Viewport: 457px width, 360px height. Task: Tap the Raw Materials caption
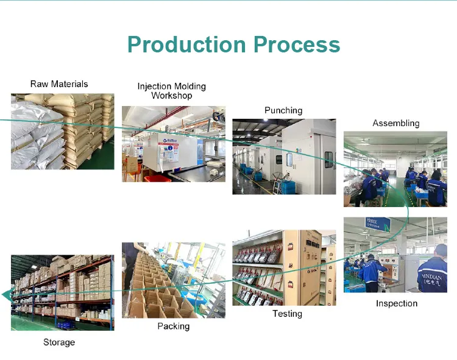59,84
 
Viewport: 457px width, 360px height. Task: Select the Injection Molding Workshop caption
171,91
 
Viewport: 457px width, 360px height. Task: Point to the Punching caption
283,110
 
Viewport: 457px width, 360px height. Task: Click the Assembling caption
396,123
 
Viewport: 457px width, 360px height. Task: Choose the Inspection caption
397,303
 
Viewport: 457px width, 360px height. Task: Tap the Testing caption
287,314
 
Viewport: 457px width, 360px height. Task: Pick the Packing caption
174,326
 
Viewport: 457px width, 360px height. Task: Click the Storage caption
59,342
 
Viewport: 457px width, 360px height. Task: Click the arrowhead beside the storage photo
6,295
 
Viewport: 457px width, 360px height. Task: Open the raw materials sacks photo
62,131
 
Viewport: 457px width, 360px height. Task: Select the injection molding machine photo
173,144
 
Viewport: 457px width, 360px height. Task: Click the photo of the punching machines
284,157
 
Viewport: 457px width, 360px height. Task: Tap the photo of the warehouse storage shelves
62,292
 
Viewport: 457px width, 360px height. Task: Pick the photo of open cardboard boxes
173,280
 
